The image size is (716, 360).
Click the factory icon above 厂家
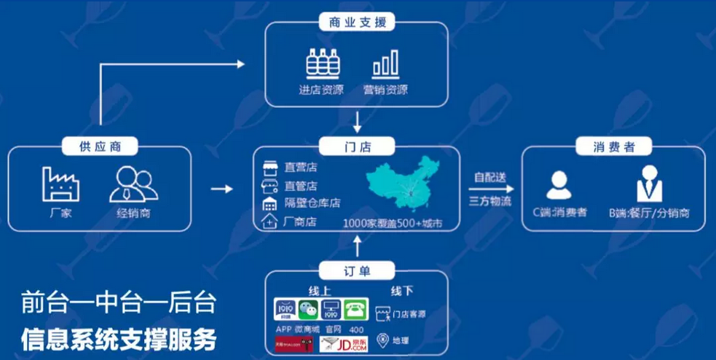[x=60, y=184]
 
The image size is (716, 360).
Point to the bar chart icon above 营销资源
[x=385, y=65]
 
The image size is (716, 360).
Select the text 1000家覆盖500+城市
[x=393, y=223]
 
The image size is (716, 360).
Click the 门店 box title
[x=357, y=147]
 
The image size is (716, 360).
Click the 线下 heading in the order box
[x=401, y=291]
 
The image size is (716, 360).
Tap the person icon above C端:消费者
[x=559, y=185]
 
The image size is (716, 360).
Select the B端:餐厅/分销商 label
[x=649, y=214]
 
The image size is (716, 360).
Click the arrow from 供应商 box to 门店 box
[x=221, y=189]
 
